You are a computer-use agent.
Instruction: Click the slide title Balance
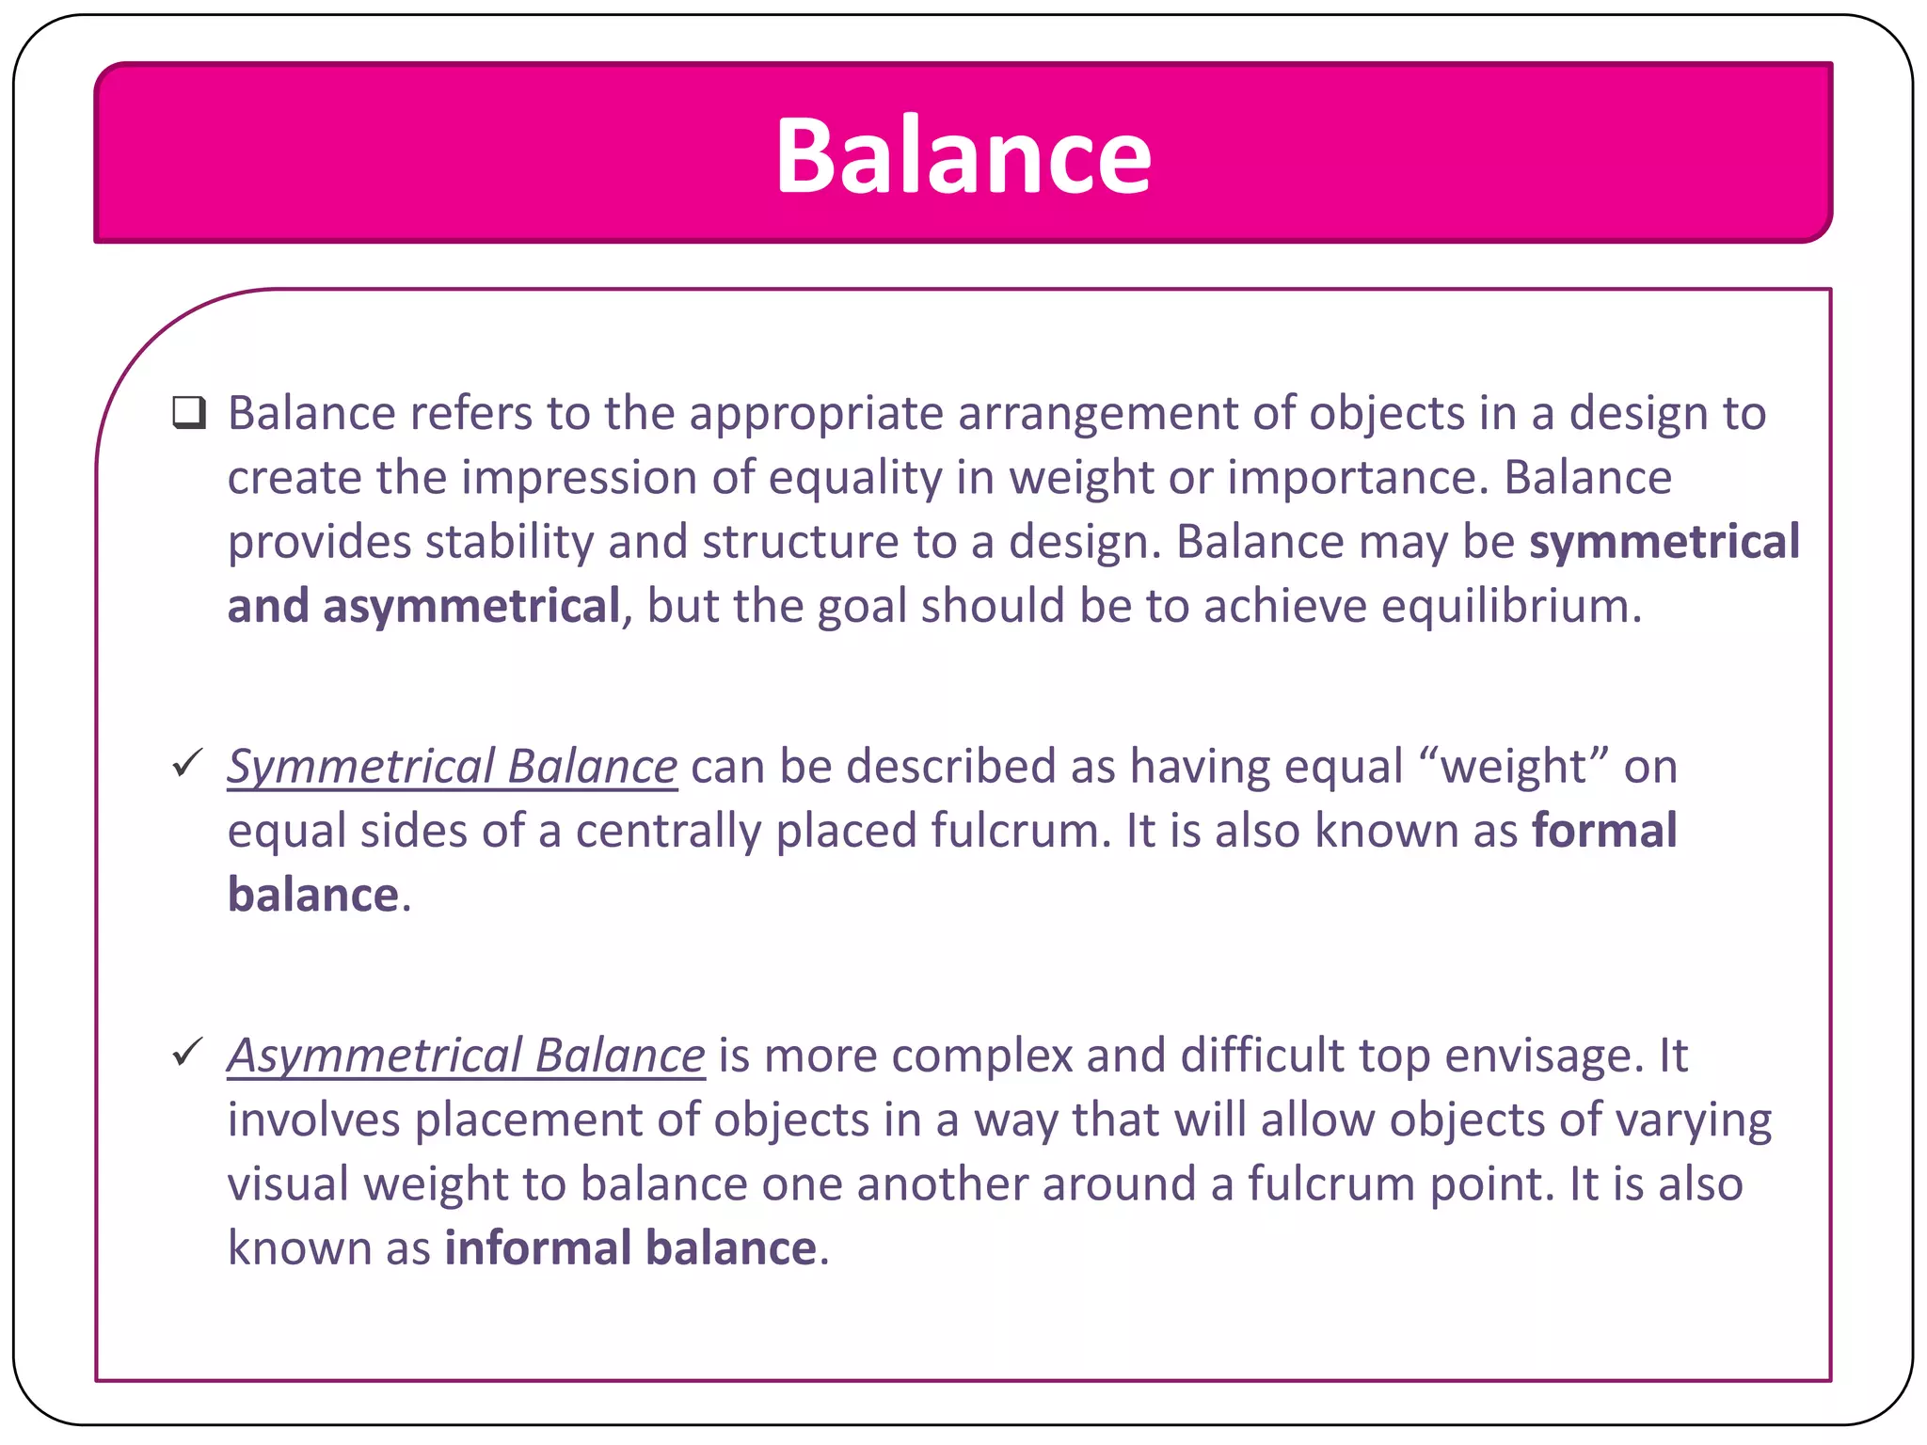pyautogui.click(x=963, y=155)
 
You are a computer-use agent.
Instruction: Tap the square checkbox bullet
pyautogui.click(x=189, y=413)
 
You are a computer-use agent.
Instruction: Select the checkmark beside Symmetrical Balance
pyautogui.click(x=188, y=763)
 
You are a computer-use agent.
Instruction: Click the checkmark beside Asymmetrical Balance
pyautogui.click(x=188, y=1052)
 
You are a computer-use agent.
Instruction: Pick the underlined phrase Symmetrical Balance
pyautogui.click(x=452, y=767)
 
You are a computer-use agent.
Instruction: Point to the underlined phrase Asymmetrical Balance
pyautogui.click(x=466, y=1056)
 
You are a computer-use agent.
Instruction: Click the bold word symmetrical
pyautogui.click(x=1664, y=542)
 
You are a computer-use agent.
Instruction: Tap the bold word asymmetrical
pyautogui.click(x=471, y=607)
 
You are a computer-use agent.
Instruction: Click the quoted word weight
pyautogui.click(x=1514, y=767)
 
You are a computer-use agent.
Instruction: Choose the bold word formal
pyautogui.click(x=1604, y=831)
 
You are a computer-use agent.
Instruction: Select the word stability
pyautogui.click(x=509, y=542)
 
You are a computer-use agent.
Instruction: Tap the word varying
pyautogui.click(x=1693, y=1120)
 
